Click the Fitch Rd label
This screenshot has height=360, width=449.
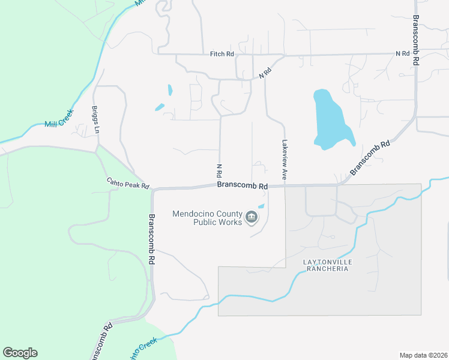[x=221, y=54]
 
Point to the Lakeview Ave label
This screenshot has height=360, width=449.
[x=285, y=160]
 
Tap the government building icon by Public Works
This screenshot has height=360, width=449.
[x=252, y=217]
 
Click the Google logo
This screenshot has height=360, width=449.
[x=20, y=352]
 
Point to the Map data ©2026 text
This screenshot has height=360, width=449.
[x=423, y=355]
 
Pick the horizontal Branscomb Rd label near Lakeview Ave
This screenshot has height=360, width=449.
[x=243, y=186]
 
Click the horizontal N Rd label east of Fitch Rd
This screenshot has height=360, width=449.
[x=402, y=53]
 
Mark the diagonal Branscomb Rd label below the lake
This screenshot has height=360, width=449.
[x=370, y=157]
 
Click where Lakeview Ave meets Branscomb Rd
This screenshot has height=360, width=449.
[x=284, y=185]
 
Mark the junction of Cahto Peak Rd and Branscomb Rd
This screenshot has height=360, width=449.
[x=153, y=190]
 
